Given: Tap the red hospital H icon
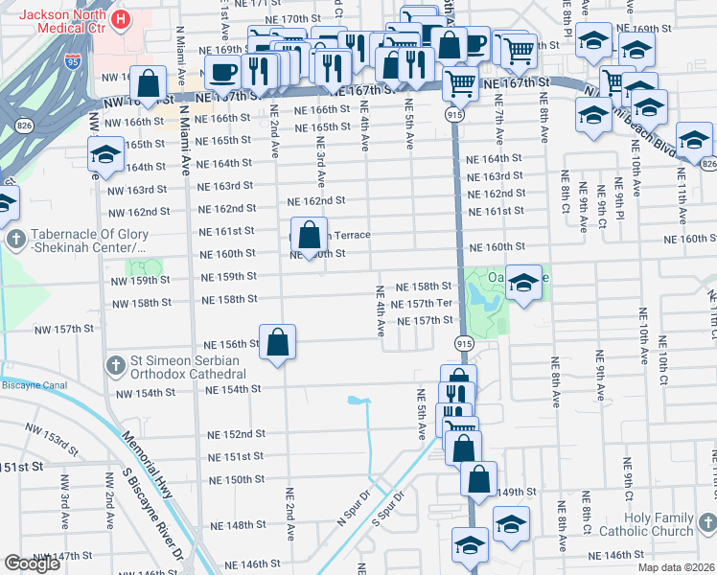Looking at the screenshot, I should pos(122,18).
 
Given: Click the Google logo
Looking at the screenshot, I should pos(32,563).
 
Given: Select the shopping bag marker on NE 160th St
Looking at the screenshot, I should pos(309,236).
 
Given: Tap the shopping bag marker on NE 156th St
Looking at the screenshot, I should pos(277,342).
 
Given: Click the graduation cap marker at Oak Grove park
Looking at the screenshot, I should pos(523,283).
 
